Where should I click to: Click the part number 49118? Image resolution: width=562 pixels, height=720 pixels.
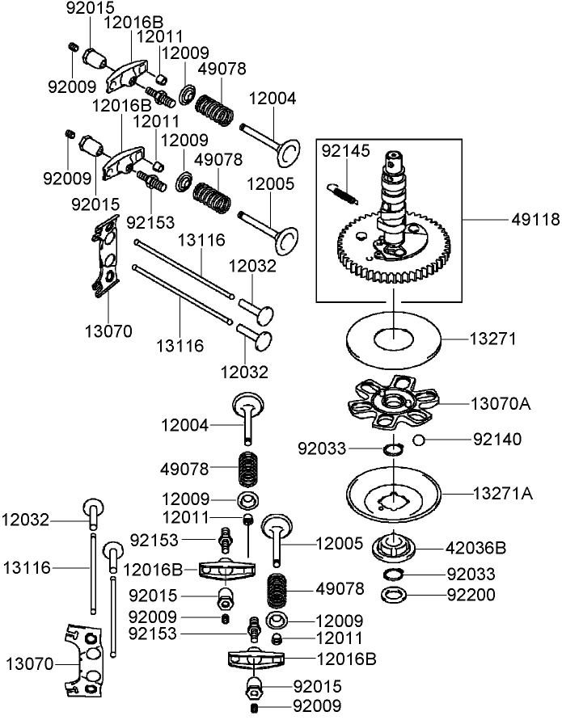534,218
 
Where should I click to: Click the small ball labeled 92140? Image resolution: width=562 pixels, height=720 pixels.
418,440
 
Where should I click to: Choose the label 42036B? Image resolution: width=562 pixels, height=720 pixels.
477,548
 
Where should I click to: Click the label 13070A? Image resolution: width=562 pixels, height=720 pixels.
501,402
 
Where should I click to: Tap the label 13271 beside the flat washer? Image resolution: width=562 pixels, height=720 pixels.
493,339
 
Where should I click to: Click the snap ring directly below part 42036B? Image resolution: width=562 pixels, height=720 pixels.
394,575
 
